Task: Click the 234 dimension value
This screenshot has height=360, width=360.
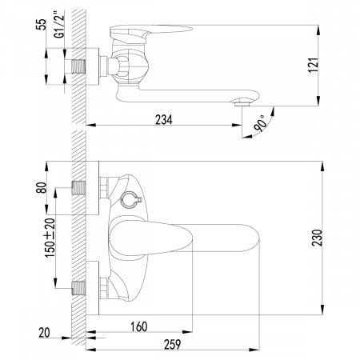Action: (x=164, y=120)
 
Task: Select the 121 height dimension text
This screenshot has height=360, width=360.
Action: (x=314, y=64)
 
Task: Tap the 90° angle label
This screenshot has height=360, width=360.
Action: (x=260, y=123)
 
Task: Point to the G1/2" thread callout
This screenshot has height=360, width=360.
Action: (x=59, y=24)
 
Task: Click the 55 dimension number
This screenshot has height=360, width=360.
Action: (x=42, y=24)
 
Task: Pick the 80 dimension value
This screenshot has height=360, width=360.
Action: (x=42, y=187)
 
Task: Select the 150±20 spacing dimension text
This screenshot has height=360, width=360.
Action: (x=50, y=238)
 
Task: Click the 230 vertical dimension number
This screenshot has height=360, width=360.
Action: (x=318, y=238)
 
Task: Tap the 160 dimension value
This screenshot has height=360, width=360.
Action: (x=139, y=326)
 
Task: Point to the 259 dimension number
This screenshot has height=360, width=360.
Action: (x=172, y=344)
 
